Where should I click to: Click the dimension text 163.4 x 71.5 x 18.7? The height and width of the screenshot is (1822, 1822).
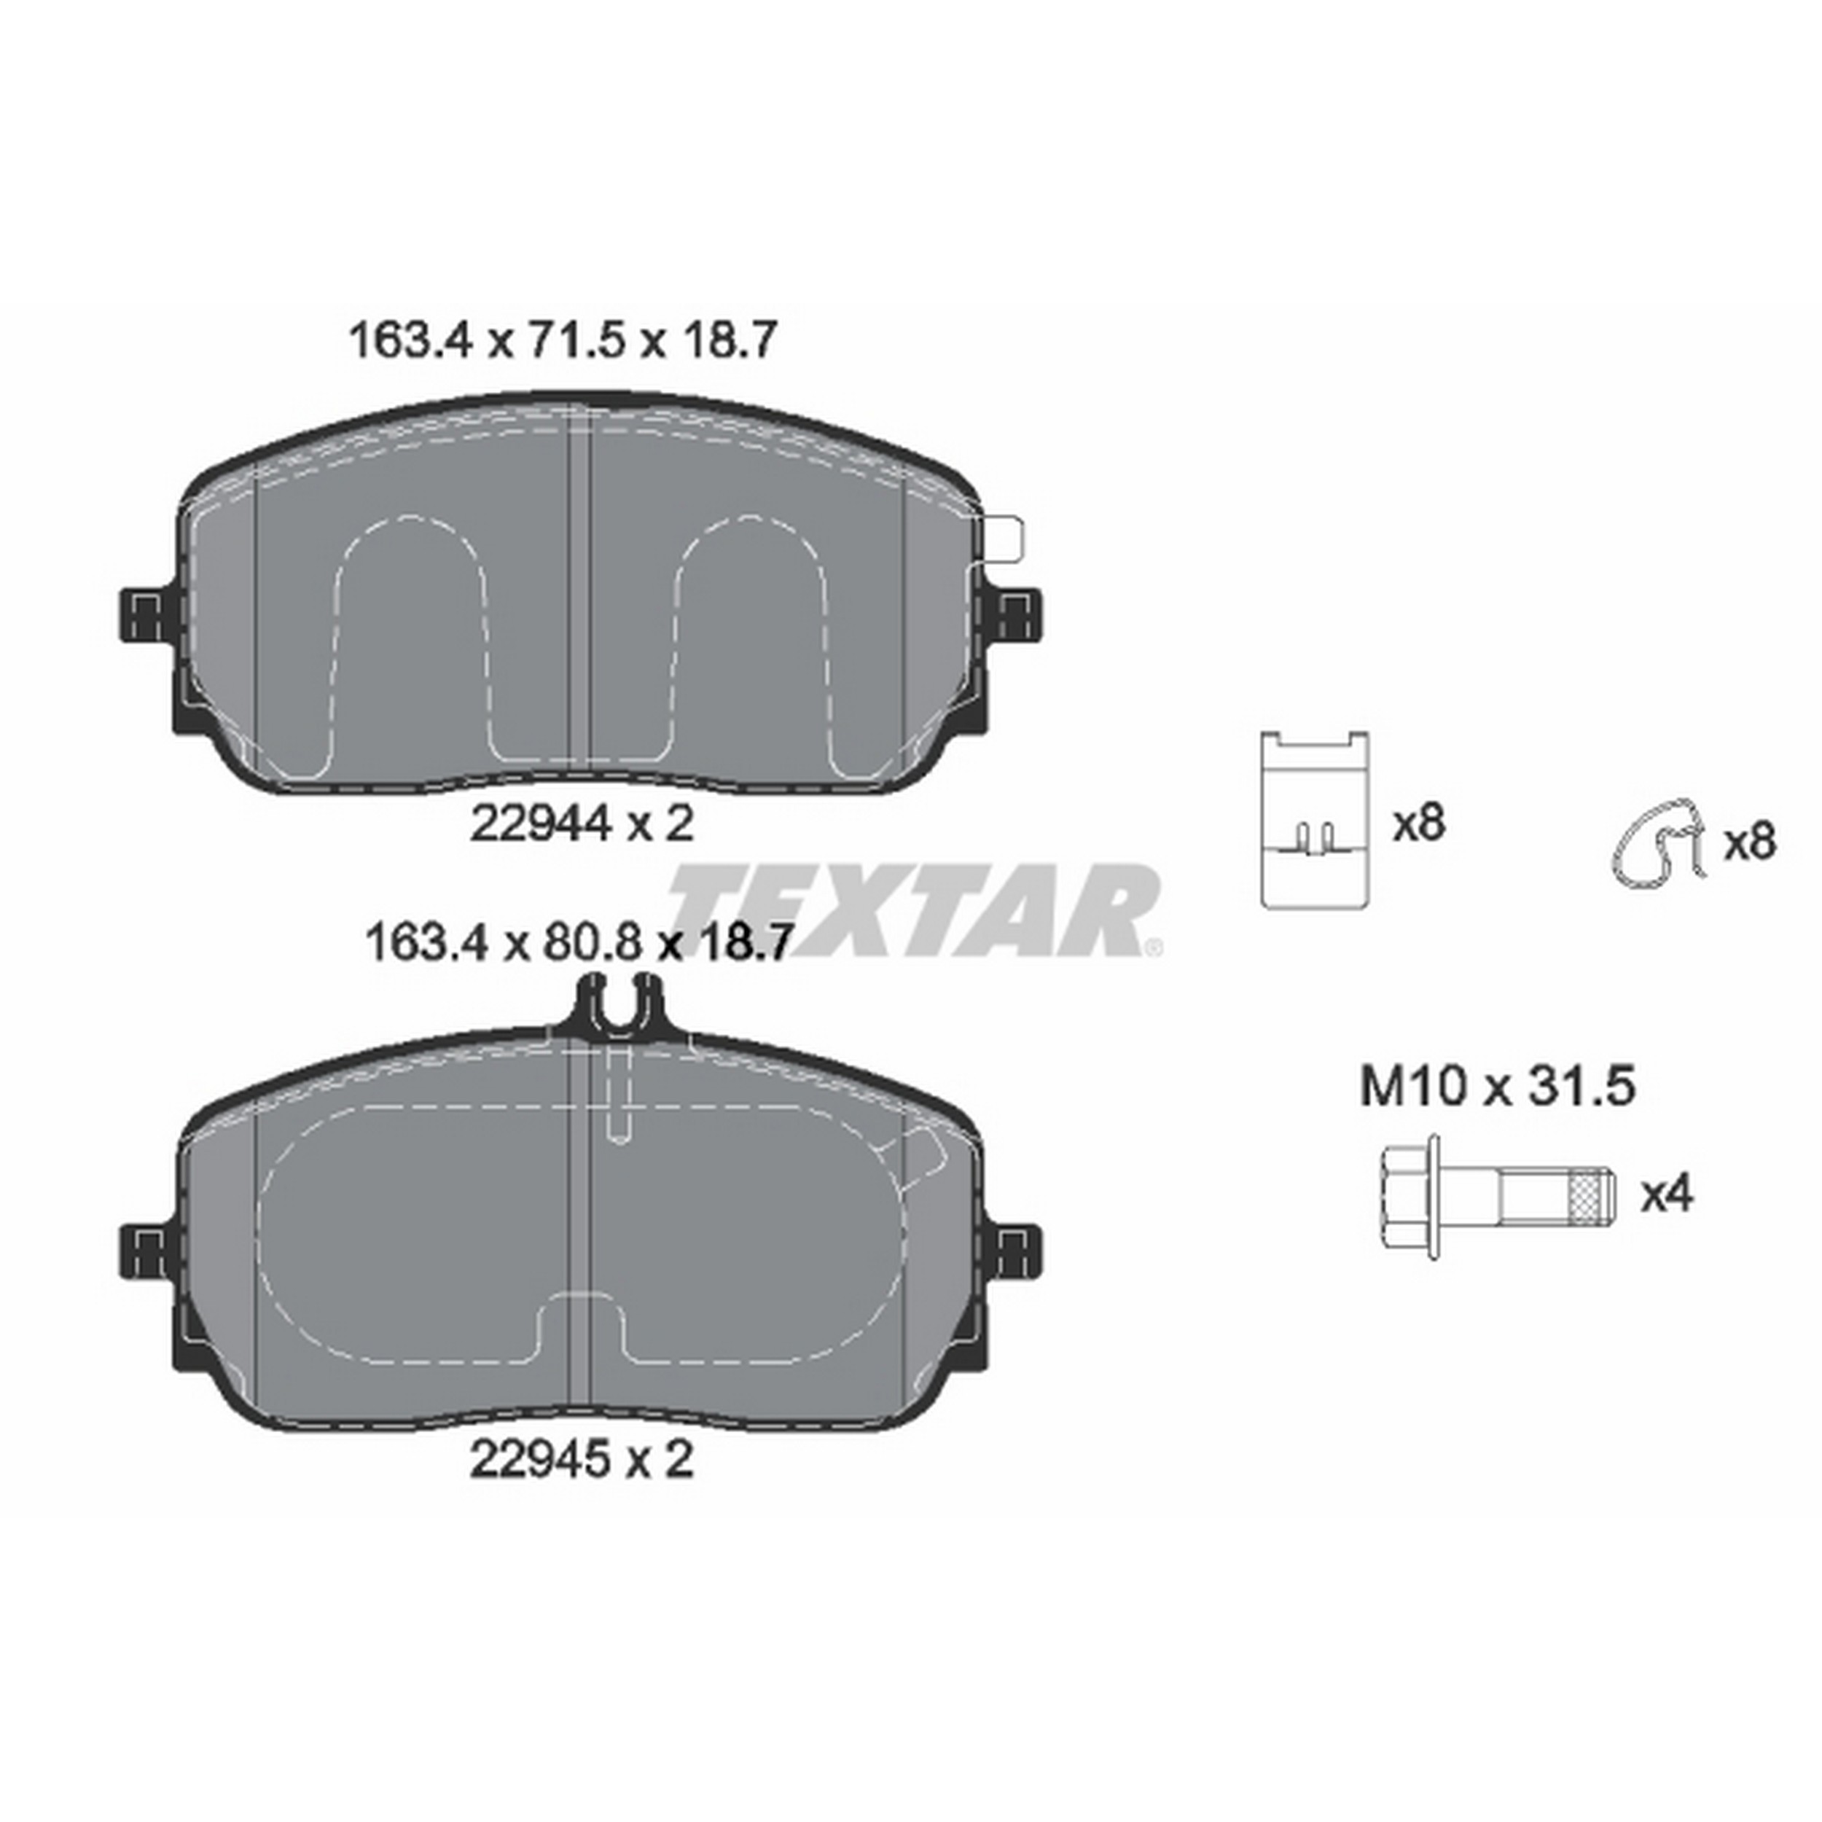coord(563,341)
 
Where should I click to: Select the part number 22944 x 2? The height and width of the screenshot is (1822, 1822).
coord(582,825)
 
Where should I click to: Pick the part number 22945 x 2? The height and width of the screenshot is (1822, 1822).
coord(582,1461)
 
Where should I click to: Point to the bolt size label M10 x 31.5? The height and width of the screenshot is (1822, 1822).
coord(1497,1087)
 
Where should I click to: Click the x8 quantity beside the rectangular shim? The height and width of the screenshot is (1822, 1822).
coord(1419,824)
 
